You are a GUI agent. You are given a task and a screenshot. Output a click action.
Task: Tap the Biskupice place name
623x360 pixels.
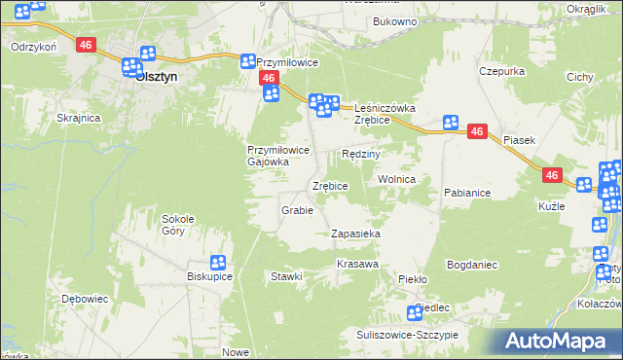tap(208, 276)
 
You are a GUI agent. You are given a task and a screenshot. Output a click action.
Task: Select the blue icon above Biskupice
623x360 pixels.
tap(217, 262)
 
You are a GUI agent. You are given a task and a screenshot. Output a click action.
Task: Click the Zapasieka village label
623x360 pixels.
tap(354, 234)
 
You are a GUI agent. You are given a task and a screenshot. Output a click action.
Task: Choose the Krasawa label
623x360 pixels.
tap(356, 265)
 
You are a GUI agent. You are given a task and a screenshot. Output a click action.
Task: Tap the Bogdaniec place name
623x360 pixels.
tap(472, 265)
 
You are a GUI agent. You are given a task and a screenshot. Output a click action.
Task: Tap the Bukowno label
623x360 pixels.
tap(394, 20)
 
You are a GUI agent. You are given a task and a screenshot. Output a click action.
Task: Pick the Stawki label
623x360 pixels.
tap(287, 277)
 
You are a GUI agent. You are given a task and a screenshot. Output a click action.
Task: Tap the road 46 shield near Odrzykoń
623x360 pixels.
tap(87, 45)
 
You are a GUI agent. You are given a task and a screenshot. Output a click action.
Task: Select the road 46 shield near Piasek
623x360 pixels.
tap(476, 130)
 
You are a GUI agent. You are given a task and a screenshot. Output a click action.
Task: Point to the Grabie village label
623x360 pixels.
tap(296, 210)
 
